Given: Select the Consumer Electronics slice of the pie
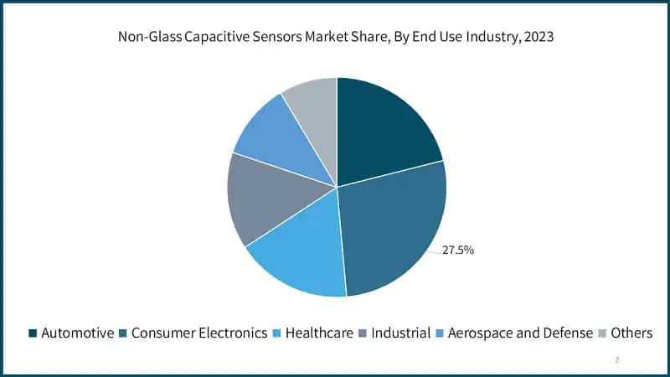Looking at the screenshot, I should (x=394, y=230).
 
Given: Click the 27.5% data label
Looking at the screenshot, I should (x=458, y=250).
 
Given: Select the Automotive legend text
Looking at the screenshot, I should (x=77, y=333).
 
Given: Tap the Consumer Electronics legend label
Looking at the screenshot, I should (x=199, y=333).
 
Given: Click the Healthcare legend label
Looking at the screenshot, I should (x=319, y=333).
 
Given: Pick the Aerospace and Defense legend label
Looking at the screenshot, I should (x=520, y=333).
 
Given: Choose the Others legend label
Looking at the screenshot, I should (x=631, y=333).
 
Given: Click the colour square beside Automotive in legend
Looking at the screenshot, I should (x=33, y=333).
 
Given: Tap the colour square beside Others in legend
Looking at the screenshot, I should (x=601, y=333).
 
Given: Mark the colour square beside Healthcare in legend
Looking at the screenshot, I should (x=277, y=333).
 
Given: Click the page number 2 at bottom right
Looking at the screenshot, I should (x=617, y=359).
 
